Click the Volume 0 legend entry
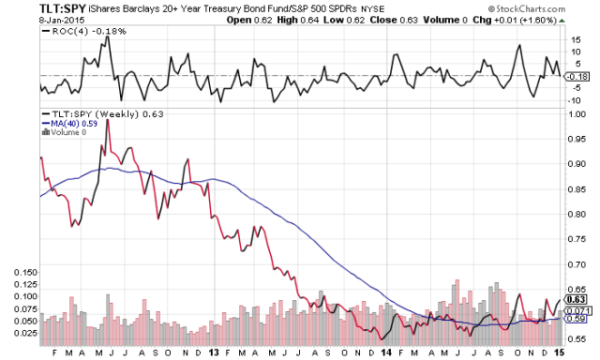pos(65,132)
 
